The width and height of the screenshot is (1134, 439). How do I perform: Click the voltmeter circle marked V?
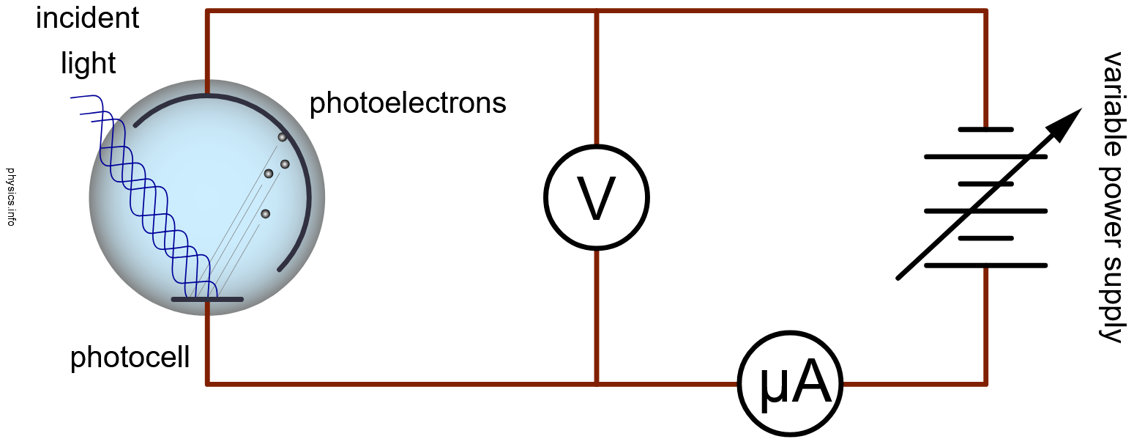[596, 196]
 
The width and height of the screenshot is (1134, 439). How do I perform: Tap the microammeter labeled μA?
[791, 383]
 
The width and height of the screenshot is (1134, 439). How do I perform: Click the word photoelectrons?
[408, 103]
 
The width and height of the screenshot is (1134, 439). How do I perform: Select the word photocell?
[130, 358]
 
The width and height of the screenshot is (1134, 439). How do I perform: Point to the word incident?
[87, 18]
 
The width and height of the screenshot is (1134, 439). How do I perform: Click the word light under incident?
[88, 64]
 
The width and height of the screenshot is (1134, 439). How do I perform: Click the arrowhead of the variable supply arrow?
[1067, 121]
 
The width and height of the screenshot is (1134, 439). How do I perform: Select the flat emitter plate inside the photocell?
[207, 299]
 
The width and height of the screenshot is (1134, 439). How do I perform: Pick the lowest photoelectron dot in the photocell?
[265, 214]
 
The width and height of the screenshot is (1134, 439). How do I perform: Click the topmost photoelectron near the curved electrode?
[282, 137]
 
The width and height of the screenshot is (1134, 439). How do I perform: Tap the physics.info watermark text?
[10, 196]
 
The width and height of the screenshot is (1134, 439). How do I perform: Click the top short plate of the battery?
[985, 130]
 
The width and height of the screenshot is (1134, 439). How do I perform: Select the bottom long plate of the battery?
[985, 265]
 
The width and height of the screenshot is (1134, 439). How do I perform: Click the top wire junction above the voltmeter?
[597, 12]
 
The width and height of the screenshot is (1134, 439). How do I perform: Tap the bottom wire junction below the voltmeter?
[597, 383]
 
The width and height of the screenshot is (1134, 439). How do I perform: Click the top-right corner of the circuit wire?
[985, 12]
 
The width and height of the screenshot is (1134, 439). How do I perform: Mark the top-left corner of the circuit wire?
[208, 12]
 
